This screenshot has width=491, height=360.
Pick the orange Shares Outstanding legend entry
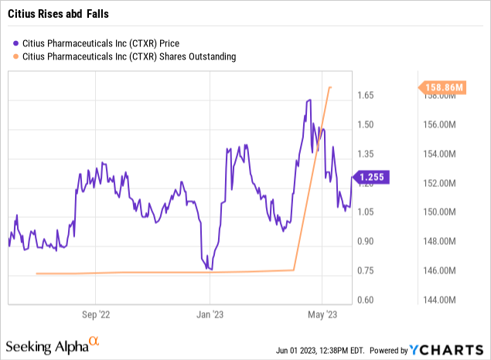click(x=124, y=56)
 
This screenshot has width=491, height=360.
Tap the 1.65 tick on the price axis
click(x=366, y=96)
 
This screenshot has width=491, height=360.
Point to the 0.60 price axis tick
click(x=366, y=300)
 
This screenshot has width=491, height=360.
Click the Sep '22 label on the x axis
click(x=95, y=314)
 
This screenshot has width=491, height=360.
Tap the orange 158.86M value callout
click(x=444, y=88)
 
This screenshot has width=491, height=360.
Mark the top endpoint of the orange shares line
click(x=331, y=87)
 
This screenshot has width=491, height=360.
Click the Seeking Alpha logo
click(x=53, y=343)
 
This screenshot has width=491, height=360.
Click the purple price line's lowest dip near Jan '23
click(x=211, y=270)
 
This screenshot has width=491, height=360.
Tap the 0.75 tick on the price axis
click(x=366, y=270)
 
